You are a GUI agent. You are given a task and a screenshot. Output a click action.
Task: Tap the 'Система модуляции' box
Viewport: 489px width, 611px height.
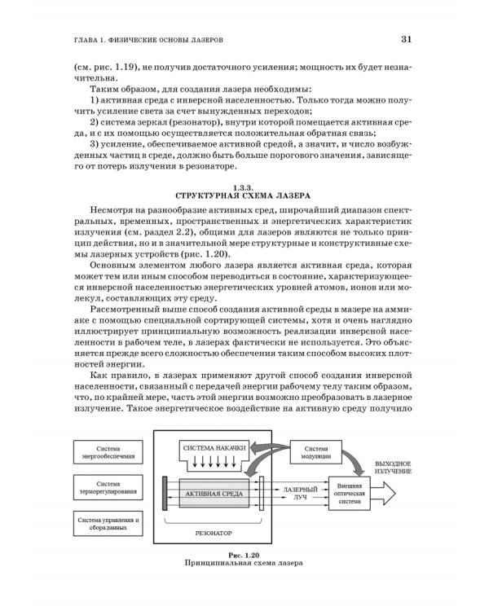321,453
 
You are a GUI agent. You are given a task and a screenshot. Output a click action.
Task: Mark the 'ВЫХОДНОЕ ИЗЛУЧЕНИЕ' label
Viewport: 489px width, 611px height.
394,467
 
